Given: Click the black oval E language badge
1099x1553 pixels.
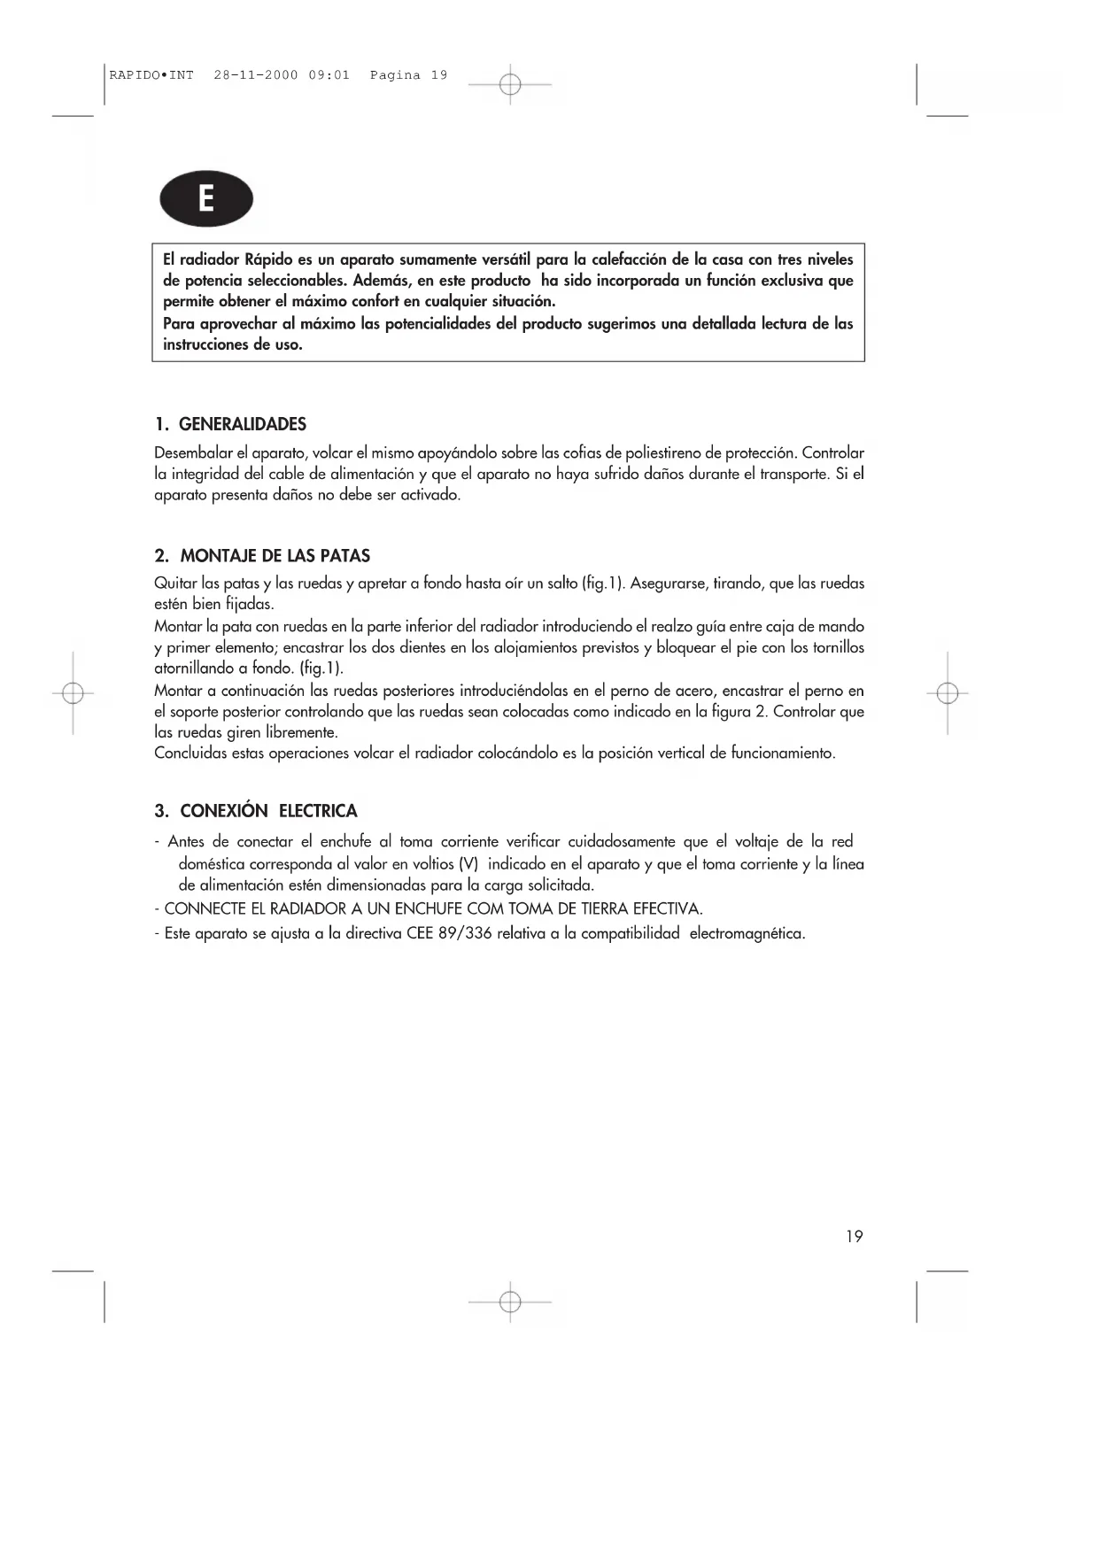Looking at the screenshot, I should [206, 199].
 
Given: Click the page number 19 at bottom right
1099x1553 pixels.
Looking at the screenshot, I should [854, 1237].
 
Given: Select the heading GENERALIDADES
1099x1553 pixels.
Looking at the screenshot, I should [243, 424].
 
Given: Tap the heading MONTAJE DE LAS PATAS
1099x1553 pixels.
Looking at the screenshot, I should [275, 556].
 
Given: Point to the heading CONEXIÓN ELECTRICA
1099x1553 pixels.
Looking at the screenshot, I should [268, 811].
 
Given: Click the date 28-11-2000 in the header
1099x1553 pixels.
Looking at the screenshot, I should [256, 75].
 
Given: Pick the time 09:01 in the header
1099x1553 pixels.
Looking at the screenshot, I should [329, 75].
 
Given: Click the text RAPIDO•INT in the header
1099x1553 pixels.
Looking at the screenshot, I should [151, 75].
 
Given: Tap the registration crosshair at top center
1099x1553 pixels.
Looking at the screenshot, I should [510, 85].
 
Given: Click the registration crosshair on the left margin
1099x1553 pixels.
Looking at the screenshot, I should [74, 693].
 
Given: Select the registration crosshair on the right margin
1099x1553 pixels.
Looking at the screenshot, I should [948, 693].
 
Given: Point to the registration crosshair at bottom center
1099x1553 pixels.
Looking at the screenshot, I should [510, 1302].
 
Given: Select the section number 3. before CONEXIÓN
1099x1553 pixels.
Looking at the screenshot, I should [161, 811].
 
